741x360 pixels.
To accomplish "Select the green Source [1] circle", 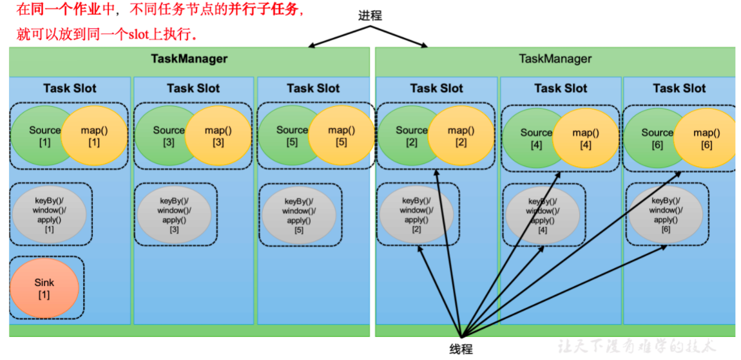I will pos(40,136).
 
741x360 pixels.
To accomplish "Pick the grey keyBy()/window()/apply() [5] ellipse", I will pos(299,215).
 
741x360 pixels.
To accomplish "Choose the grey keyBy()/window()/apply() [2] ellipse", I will pos(416,215).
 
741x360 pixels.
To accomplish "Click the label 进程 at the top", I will pos(370,15).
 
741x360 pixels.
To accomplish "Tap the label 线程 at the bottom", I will pos(461,349).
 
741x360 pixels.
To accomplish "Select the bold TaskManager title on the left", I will pos(189,59).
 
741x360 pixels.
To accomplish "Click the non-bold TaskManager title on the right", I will pos(555,59).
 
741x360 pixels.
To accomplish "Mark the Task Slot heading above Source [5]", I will pos(313,88).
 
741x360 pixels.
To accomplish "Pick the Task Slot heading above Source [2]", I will pos(436,88).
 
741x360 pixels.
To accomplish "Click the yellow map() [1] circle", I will pos(95,136).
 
